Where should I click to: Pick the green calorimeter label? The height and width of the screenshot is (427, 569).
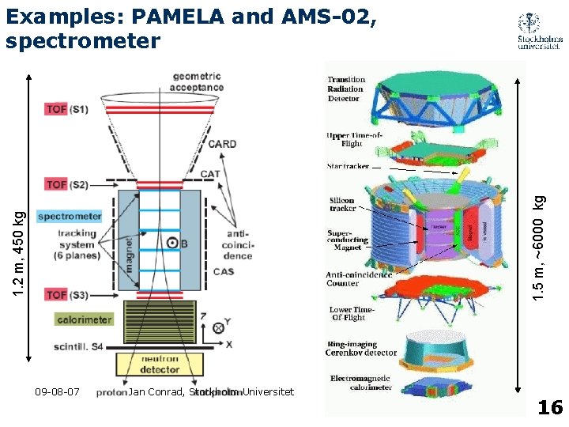pos(85,319)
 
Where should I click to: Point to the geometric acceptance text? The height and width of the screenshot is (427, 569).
pos(198,81)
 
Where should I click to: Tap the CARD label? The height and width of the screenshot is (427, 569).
pos(222,144)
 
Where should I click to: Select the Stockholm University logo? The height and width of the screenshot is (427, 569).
pos(541,32)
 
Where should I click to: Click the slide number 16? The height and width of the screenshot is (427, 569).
pos(549,408)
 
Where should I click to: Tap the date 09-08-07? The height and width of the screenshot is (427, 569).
pos(58,391)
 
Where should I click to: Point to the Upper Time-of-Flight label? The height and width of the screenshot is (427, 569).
pos(345,139)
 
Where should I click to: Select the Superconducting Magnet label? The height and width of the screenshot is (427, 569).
pos(346,240)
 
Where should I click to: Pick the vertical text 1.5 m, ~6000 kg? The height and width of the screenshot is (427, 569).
pos(537,247)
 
